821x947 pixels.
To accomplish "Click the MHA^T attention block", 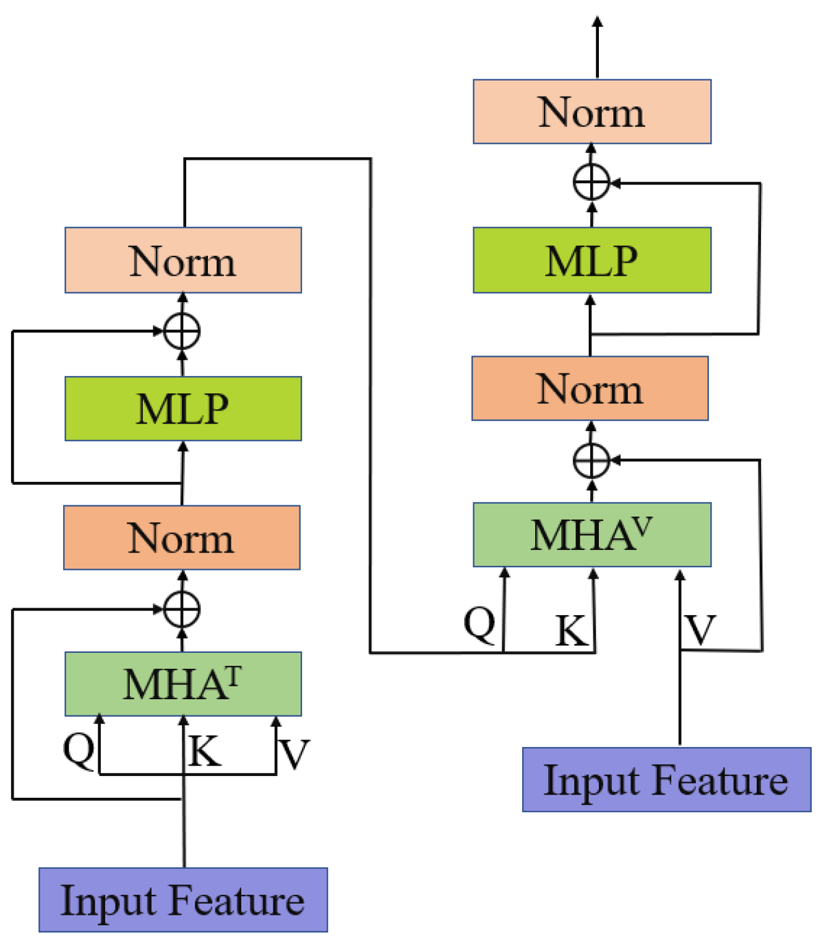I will tap(183, 684).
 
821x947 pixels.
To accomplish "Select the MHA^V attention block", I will tap(591, 535).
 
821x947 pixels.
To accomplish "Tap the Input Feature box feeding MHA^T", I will tap(183, 900).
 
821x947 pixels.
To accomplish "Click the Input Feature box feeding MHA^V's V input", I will tap(666, 780).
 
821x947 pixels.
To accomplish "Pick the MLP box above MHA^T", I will tap(183, 409).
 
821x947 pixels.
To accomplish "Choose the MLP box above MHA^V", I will tap(591, 260).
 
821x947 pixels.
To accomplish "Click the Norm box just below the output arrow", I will tap(591, 112).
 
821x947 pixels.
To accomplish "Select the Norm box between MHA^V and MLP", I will tap(590, 388).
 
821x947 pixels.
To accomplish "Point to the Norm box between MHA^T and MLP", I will tap(182, 538).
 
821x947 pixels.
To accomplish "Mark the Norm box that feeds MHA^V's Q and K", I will tap(183, 260).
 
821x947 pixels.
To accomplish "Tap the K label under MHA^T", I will tap(205, 753).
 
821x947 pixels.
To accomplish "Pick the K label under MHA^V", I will tap(570, 631).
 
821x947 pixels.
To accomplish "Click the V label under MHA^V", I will tap(700, 631).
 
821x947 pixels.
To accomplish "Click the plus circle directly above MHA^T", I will tap(181, 609).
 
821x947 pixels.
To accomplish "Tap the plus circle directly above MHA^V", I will tap(591, 460).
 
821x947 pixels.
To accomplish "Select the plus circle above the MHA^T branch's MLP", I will tap(181, 331).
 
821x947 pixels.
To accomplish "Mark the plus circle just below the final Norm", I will tap(591, 183).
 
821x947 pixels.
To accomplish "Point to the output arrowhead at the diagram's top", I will tap(597, 22).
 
